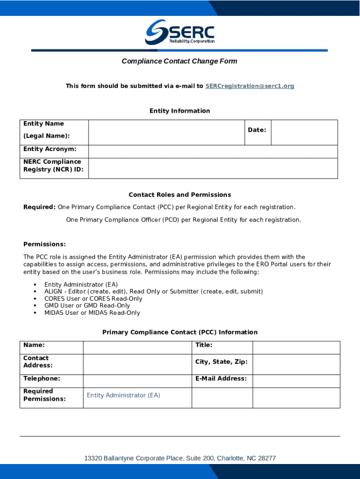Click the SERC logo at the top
tap(180, 32)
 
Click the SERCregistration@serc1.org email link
tap(250, 86)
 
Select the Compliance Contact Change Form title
tap(180, 61)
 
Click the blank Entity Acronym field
tap(213, 152)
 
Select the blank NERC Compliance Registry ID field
tap(213, 168)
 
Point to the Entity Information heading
tap(180, 111)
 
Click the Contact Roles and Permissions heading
tap(180, 195)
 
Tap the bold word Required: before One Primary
tap(40, 207)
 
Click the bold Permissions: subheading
tap(44, 244)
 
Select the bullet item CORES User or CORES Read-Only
tap(93, 298)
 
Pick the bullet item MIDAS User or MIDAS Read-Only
tap(92, 312)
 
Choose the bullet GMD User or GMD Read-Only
tap(87, 305)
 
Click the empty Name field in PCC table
tap(137, 348)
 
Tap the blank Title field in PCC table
tap(296, 348)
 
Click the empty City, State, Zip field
tap(296, 364)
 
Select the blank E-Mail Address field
tap(296, 381)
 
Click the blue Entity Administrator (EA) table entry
tap(123, 395)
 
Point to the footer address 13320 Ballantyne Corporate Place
tap(180, 458)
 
